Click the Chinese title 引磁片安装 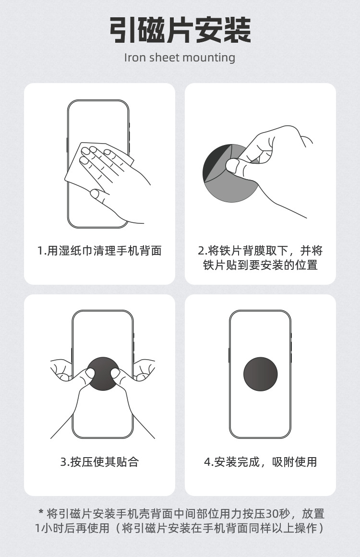pos(180,30)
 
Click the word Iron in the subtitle pos(135,58)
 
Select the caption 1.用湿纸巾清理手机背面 pos(99,251)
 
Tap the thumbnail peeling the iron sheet pos(234,166)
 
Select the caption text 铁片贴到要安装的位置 pos(260,265)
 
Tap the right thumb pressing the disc pos(115,374)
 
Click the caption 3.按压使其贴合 pos(99,462)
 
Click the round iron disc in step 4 pos(260,374)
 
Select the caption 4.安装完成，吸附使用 pos(260,462)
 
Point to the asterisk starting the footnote pos(41,513)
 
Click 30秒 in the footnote pos(278,514)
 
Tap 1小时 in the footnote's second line pos(48,529)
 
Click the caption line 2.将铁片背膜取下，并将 pos(260,251)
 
